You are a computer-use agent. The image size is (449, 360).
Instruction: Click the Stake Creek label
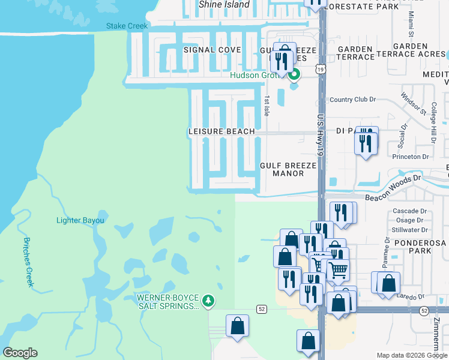point(127,26)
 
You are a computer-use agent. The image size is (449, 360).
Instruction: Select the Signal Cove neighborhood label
point(212,50)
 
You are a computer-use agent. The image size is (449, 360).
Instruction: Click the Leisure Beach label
point(221,131)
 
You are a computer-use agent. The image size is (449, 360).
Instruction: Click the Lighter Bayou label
point(80,220)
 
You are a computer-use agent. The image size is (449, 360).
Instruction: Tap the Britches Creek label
point(28,262)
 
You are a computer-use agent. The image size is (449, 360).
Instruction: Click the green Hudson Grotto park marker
point(294,75)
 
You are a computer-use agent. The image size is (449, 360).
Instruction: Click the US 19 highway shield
point(321,70)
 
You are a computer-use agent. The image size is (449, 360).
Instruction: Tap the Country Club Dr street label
point(352,100)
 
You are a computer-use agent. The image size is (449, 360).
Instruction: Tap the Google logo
point(20,353)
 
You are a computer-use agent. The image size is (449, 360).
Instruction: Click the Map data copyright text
point(412,355)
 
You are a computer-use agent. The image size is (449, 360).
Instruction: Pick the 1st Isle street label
point(267,105)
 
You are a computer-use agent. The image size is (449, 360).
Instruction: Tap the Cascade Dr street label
point(409,211)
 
